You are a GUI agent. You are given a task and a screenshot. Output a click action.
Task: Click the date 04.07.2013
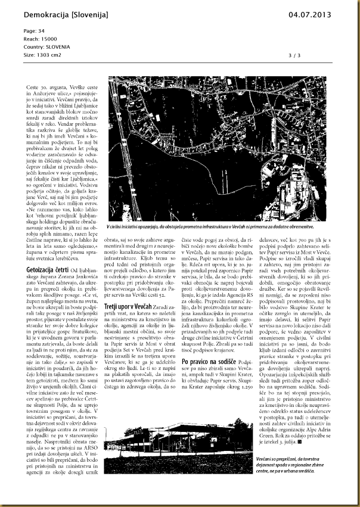[310, 14]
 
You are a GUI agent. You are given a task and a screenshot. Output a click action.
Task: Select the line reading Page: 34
[34, 30]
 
